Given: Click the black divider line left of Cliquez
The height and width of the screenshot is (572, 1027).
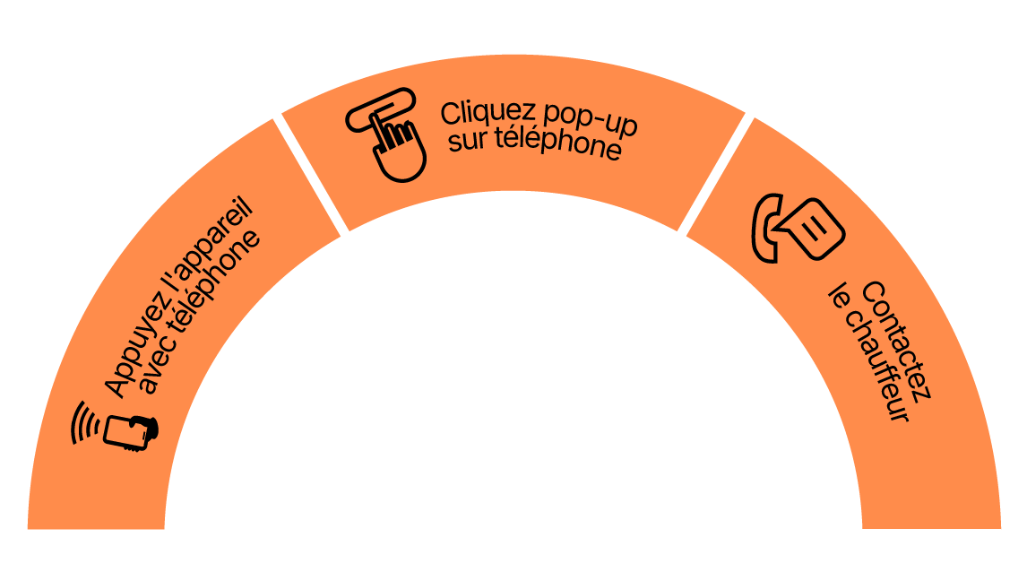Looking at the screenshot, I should click(310, 175).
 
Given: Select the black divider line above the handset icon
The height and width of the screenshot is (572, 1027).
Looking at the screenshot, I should click(717, 175).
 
